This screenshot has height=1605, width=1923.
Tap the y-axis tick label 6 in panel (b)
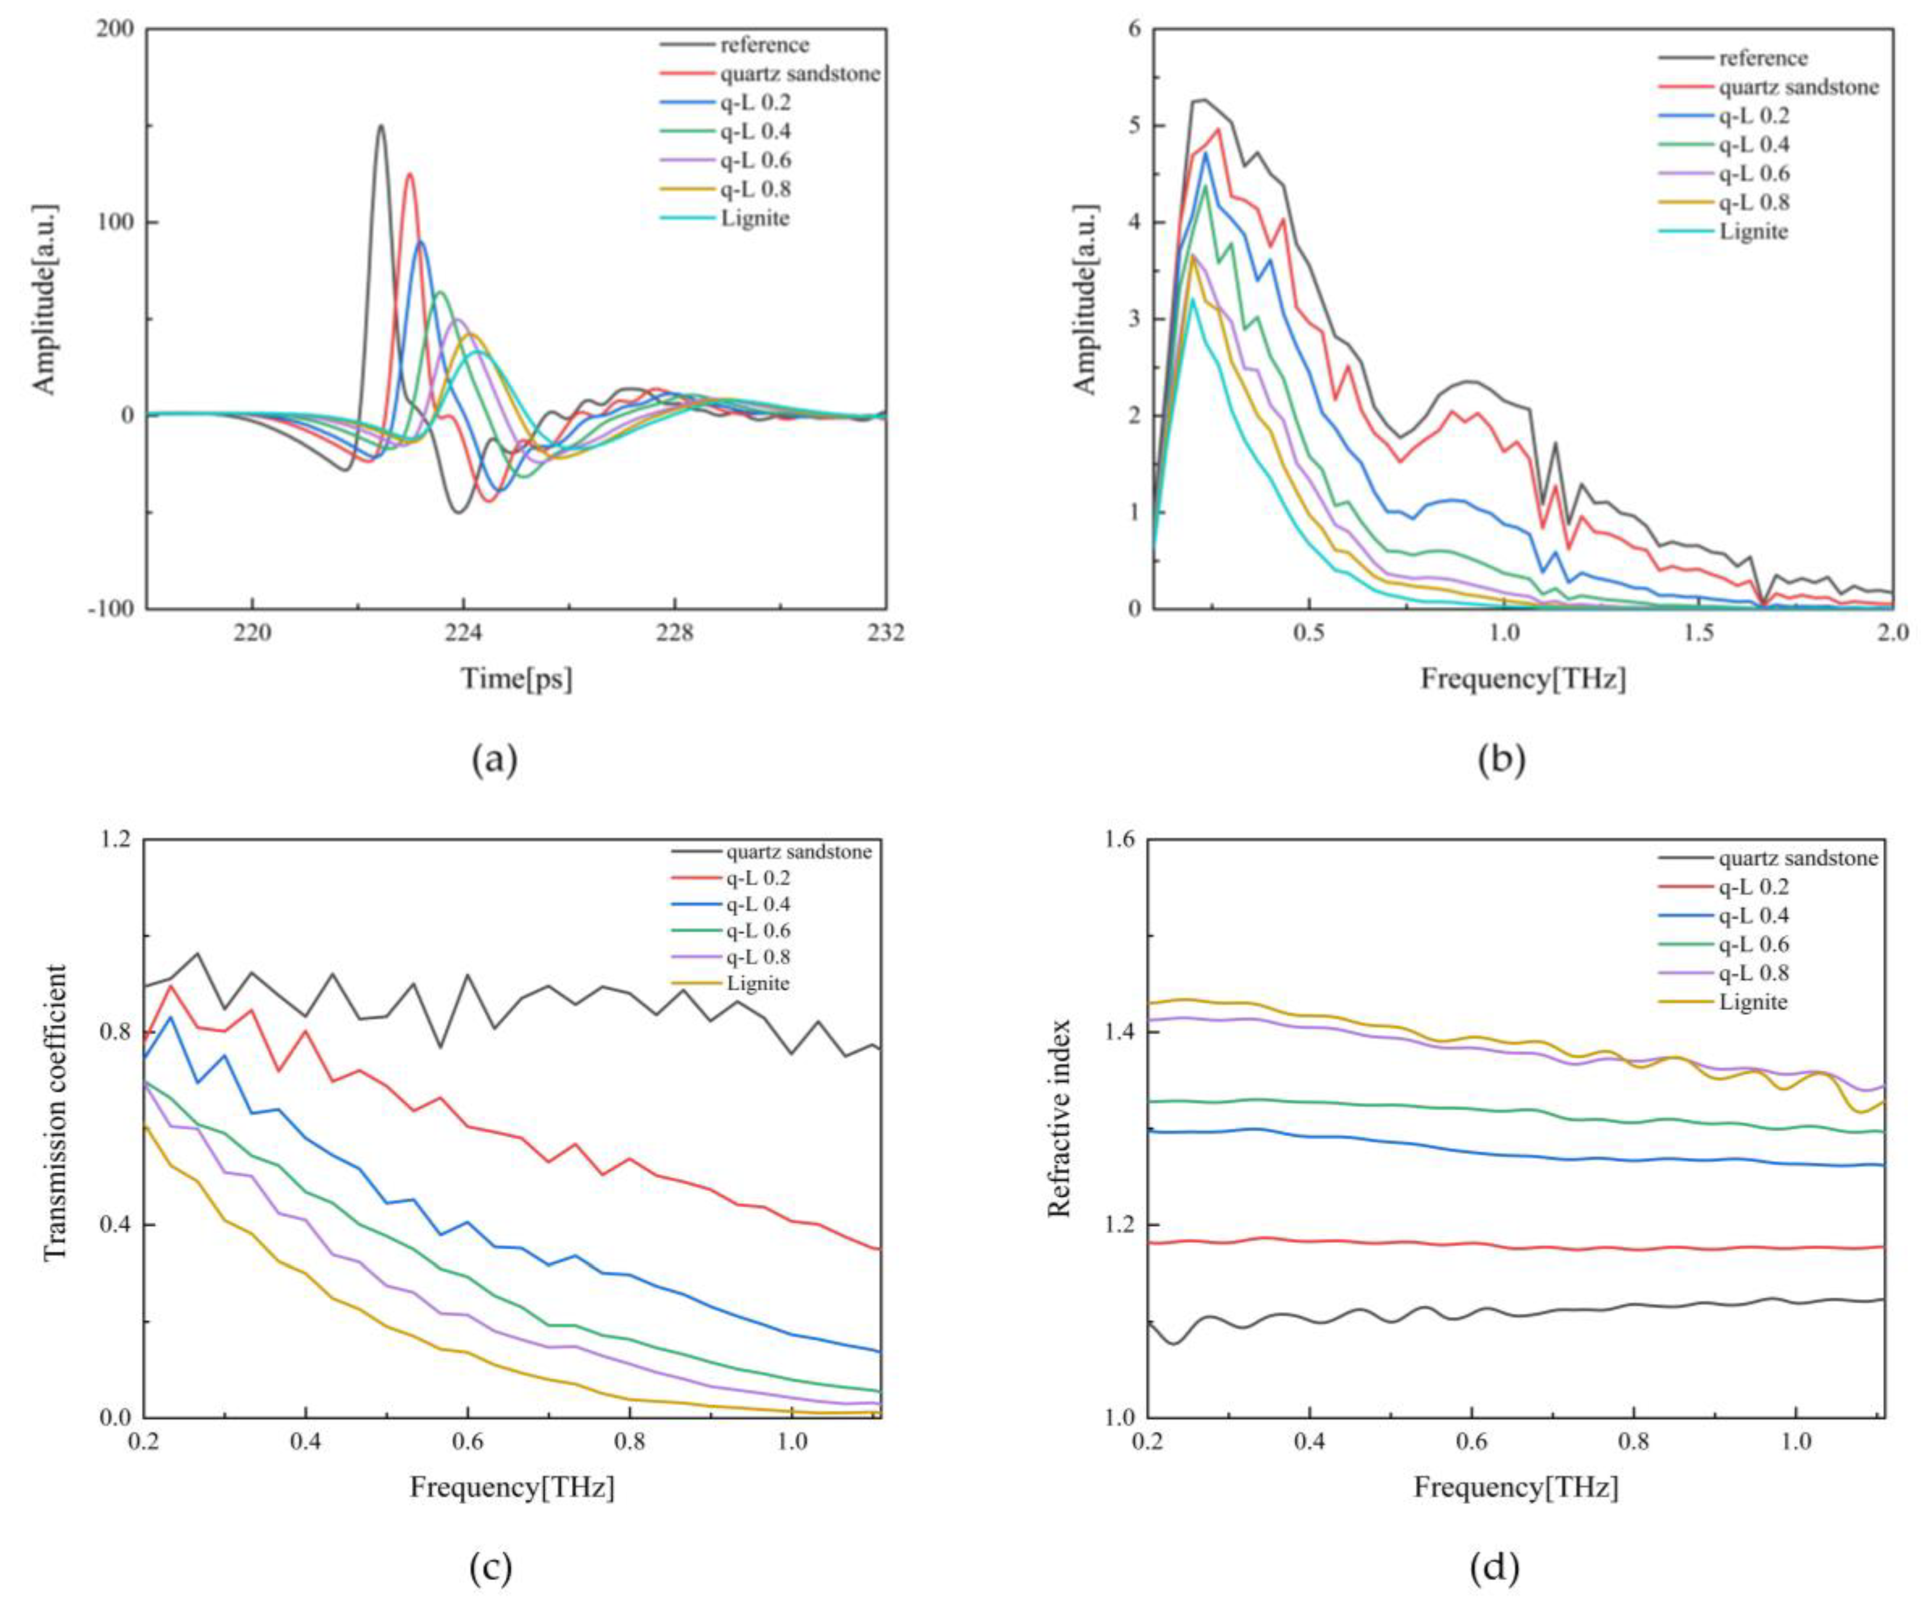1135,29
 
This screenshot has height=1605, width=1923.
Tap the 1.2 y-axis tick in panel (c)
115,839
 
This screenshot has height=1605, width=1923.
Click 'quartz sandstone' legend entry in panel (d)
1798,858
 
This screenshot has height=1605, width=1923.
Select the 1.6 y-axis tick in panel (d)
1120,839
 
